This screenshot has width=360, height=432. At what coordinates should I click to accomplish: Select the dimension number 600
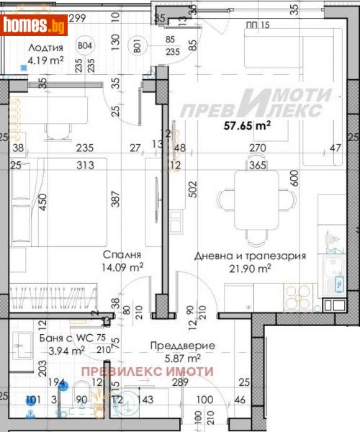click(x=294, y=177)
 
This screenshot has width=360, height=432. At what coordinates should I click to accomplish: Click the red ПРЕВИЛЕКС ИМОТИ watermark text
click(x=147, y=372)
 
